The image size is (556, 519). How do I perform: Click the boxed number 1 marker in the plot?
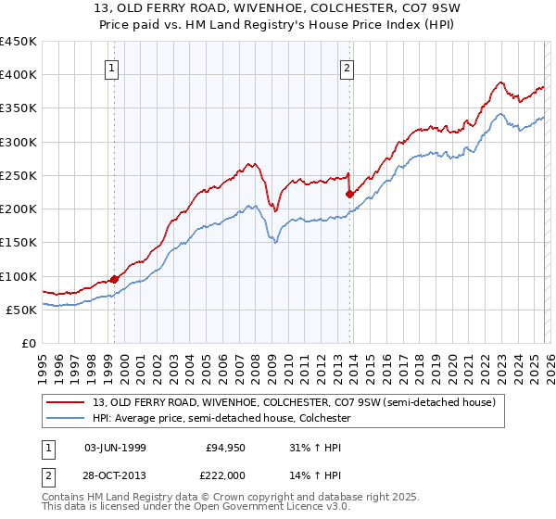(x=111, y=67)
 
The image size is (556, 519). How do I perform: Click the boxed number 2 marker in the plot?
(x=347, y=67)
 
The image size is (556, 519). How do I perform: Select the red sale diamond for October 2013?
(x=349, y=194)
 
